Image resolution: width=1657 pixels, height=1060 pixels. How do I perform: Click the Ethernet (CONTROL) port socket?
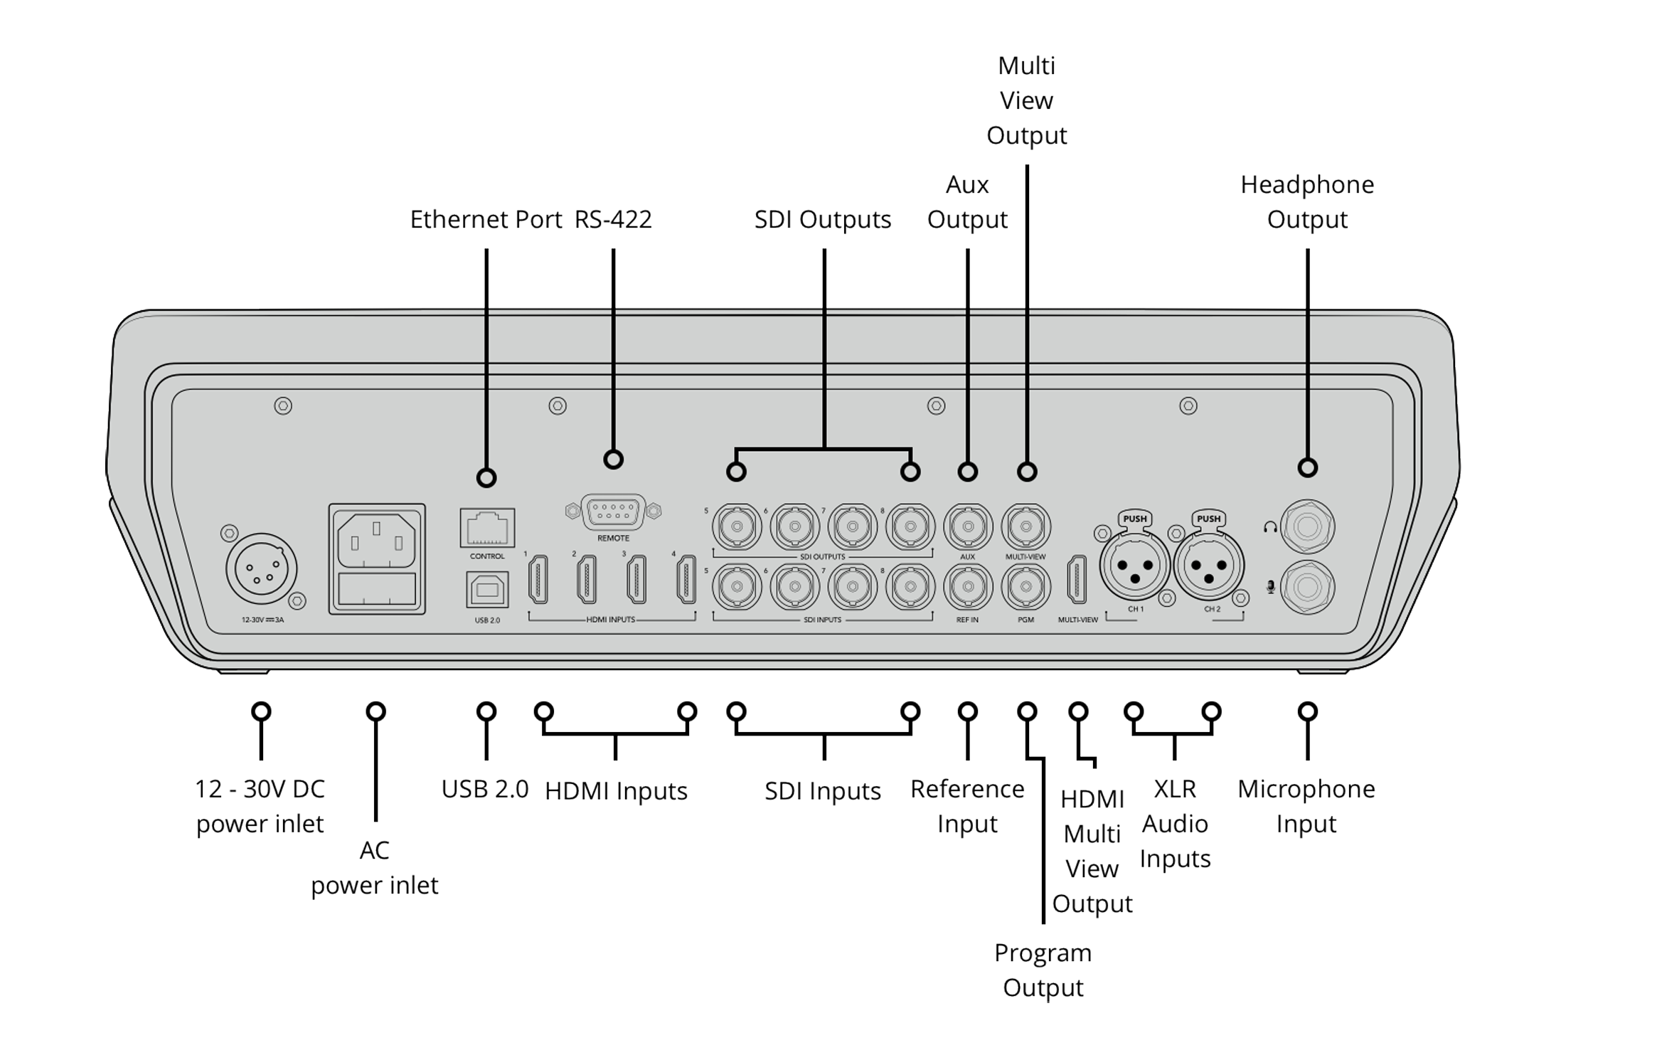click(x=487, y=528)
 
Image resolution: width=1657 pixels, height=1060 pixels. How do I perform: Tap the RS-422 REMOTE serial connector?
click(x=613, y=512)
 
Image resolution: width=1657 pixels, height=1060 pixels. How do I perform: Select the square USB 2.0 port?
click(x=487, y=590)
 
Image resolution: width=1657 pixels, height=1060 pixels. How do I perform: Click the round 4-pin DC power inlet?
click(x=262, y=568)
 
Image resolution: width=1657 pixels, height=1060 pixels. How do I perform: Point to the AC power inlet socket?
click(x=376, y=541)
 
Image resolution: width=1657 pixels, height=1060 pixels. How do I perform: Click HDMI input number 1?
click(x=538, y=579)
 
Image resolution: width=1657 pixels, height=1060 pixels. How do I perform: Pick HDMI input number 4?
click(x=686, y=579)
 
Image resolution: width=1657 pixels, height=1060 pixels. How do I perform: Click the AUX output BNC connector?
click(x=967, y=527)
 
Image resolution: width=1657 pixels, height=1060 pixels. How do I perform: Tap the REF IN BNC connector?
click(x=967, y=587)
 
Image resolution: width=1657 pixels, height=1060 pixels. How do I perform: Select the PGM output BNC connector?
click(x=1025, y=587)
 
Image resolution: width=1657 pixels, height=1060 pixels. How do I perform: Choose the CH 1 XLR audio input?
click(x=1135, y=566)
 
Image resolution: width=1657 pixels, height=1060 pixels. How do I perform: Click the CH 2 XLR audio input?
click(x=1209, y=566)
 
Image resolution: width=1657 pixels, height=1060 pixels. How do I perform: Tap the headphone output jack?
click(x=1307, y=527)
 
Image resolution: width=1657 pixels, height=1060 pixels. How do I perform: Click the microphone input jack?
click(x=1307, y=588)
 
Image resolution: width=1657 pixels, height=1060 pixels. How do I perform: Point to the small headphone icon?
click(x=1270, y=528)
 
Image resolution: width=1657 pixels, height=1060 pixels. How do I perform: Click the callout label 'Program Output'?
click(x=1043, y=970)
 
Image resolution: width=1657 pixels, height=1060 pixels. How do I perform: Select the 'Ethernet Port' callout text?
click(x=486, y=219)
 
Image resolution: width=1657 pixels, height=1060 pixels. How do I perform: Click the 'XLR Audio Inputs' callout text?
click(x=1175, y=823)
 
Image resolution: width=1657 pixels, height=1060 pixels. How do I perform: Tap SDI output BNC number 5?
click(x=737, y=527)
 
